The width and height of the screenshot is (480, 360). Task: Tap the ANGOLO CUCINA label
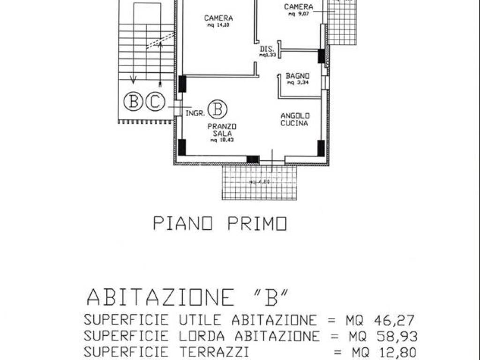[x=294, y=120]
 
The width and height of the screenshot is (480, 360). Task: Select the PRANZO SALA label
[x=222, y=130]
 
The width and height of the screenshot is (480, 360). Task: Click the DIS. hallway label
[x=267, y=49]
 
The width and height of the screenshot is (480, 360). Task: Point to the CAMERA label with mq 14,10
[x=218, y=18]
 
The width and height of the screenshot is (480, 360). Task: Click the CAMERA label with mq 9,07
[x=299, y=7]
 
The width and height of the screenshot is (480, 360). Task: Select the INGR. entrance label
[x=195, y=113]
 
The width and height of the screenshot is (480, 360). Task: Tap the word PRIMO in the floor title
[x=257, y=224]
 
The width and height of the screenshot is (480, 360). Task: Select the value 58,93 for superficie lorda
[x=397, y=336]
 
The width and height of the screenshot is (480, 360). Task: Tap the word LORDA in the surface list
[x=202, y=336]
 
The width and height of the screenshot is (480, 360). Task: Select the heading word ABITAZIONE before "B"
[x=161, y=297]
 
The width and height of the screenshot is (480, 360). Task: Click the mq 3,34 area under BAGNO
[x=296, y=83]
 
